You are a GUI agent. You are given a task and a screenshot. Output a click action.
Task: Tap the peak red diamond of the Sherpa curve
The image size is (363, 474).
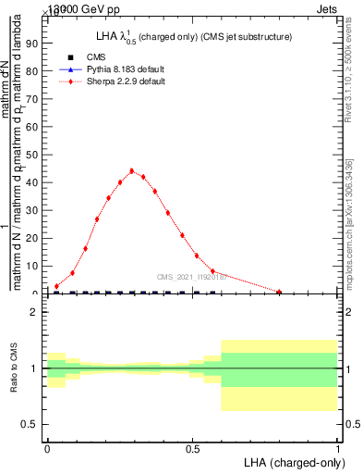pyautogui.click(x=132, y=171)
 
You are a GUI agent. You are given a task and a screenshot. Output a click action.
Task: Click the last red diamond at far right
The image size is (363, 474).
pyautogui.click(x=279, y=292)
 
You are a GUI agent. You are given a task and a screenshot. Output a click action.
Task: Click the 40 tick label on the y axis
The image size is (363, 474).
pyautogui.click(x=35, y=182)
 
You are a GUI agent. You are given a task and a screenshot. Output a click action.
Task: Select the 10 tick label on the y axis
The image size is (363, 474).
pyautogui.click(x=35, y=266)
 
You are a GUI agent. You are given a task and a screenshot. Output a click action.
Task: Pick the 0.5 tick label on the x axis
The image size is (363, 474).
pyautogui.click(x=192, y=447)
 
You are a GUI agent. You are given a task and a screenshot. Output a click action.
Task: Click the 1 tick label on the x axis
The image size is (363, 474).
pyautogui.click(x=338, y=447)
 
